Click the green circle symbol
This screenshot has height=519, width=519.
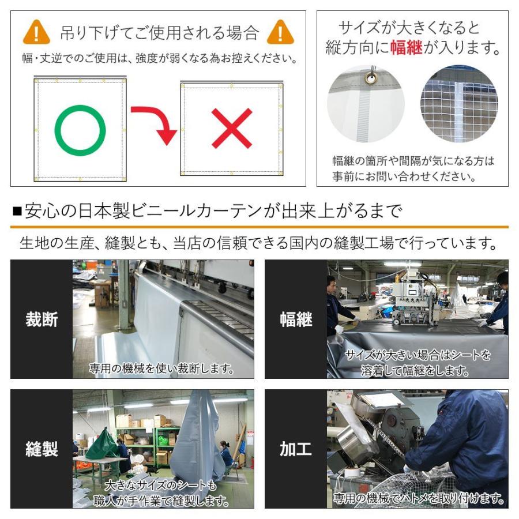(x=80, y=130)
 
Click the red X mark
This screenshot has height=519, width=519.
(x=231, y=129)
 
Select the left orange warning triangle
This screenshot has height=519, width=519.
(x=36, y=32)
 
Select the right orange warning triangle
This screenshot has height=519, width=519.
(x=280, y=32)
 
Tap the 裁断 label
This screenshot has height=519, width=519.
(x=42, y=319)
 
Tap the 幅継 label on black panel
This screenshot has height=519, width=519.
(x=296, y=319)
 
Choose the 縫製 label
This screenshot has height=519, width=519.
(x=42, y=449)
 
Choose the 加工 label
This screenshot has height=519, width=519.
(x=296, y=449)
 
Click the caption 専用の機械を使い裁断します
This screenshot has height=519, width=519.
(x=162, y=368)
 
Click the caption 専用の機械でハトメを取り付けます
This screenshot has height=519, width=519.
(x=417, y=498)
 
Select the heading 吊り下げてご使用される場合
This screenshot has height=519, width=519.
(x=159, y=32)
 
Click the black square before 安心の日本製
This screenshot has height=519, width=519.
(x=16, y=212)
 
